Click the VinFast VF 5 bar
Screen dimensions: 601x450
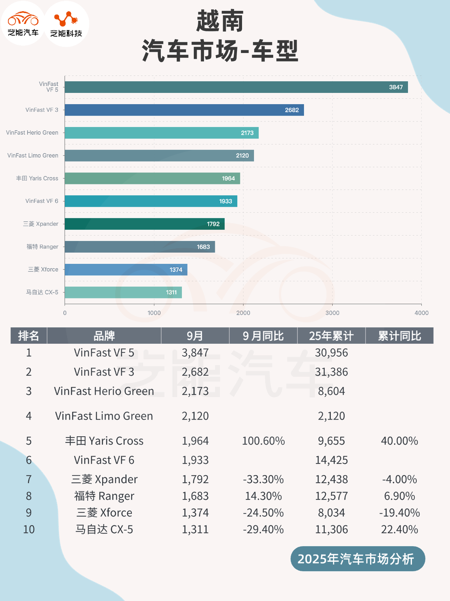click(236, 87)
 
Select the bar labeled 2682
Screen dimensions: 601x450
click(184, 110)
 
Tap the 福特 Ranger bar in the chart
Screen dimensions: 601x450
click(140, 247)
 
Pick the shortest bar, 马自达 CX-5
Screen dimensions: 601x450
click(123, 292)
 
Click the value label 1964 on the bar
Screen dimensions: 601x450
click(228, 178)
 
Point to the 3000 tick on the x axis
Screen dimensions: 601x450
click(332, 313)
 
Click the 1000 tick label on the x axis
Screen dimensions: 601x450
click(154, 313)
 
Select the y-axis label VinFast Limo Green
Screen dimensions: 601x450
click(33, 155)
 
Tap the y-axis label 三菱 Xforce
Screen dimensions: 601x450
click(43, 270)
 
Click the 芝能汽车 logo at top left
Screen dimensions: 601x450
click(23, 23)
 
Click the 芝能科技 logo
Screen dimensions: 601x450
click(66, 24)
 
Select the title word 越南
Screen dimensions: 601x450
click(220, 21)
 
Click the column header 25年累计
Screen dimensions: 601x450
click(331, 336)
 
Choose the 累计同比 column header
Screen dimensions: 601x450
click(399, 336)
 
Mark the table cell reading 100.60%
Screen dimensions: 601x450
click(263, 441)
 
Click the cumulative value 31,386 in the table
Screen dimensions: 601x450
click(331, 372)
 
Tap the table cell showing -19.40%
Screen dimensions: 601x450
click(399, 513)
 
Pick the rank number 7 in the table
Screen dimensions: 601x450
click(29, 479)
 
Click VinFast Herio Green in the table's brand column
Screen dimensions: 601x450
click(104, 391)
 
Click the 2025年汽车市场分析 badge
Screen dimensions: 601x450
click(356, 559)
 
